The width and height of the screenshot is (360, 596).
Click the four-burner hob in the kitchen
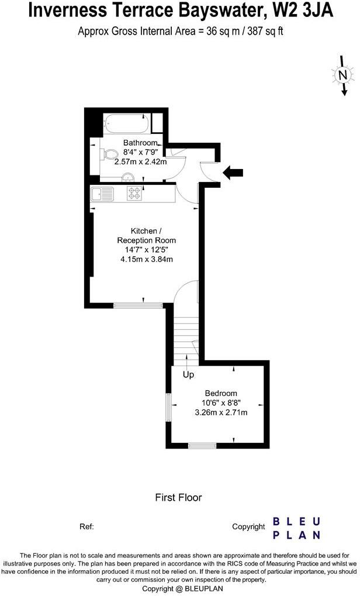(134, 194)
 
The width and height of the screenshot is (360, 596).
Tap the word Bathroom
(140, 143)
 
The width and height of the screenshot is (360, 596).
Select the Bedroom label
(220, 393)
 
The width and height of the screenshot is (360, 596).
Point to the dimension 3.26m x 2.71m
(221, 412)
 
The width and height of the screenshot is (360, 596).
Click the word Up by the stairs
(188, 374)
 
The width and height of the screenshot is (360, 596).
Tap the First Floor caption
(178, 498)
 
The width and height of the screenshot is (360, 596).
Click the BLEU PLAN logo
(297, 528)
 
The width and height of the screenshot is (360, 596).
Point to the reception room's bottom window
(129, 305)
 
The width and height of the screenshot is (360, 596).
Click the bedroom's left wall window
(168, 407)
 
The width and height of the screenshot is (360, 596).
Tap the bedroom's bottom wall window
(202, 446)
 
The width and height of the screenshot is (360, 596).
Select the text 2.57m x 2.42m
(140, 161)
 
